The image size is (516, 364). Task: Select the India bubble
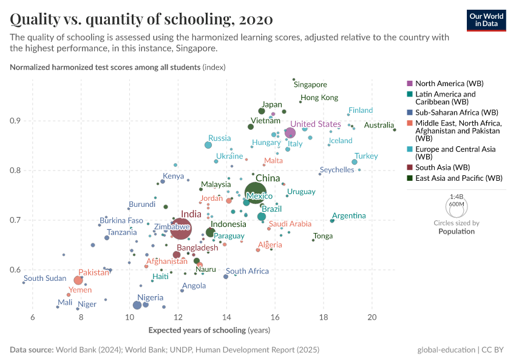click(x=181, y=229)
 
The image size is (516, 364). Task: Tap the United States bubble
click(x=290, y=133)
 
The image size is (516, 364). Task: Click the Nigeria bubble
click(x=137, y=305)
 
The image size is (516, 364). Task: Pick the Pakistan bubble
click(x=78, y=280)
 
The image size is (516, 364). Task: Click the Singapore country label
click(x=310, y=85)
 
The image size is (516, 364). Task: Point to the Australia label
click(x=378, y=126)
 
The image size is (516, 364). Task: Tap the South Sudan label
click(x=45, y=278)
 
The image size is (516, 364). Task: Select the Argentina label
click(x=349, y=215)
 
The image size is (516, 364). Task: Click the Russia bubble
click(x=208, y=145)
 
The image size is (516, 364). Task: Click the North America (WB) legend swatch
click(x=409, y=83)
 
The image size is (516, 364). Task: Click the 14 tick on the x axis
click(x=226, y=317)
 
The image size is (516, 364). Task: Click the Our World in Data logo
click(x=486, y=19)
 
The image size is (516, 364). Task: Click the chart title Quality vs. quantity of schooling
click(x=141, y=19)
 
